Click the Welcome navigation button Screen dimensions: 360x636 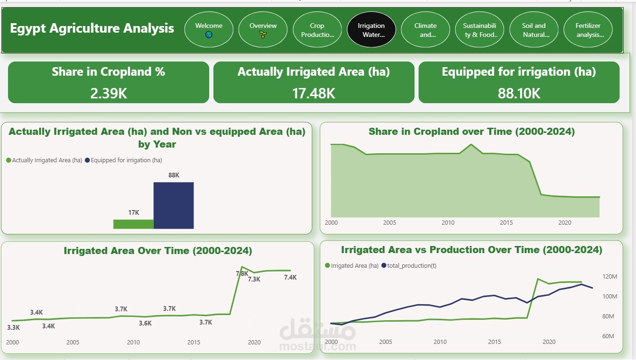tap(209, 30)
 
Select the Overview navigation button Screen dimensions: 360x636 tap(263, 30)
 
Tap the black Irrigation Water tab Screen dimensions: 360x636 tap(371, 30)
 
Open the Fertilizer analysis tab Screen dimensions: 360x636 tap(588, 30)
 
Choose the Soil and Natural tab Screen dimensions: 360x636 tap(534, 30)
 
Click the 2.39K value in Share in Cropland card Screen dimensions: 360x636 tap(108, 93)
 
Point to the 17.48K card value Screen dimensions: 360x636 tap(314, 93)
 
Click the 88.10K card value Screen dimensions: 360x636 tap(519, 93)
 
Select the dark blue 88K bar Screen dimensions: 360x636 tap(173, 205)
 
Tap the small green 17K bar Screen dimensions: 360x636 tap(133, 224)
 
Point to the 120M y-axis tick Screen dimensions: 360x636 tap(610, 276)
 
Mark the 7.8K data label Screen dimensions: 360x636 tap(242, 273)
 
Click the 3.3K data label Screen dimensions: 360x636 tap(14, 327)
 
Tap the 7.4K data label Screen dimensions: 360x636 tap(290, 277)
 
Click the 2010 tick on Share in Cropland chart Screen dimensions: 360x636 tap(448, 222)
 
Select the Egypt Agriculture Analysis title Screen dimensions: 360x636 tap(92, 28)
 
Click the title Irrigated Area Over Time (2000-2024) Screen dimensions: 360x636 tap(158, 251)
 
